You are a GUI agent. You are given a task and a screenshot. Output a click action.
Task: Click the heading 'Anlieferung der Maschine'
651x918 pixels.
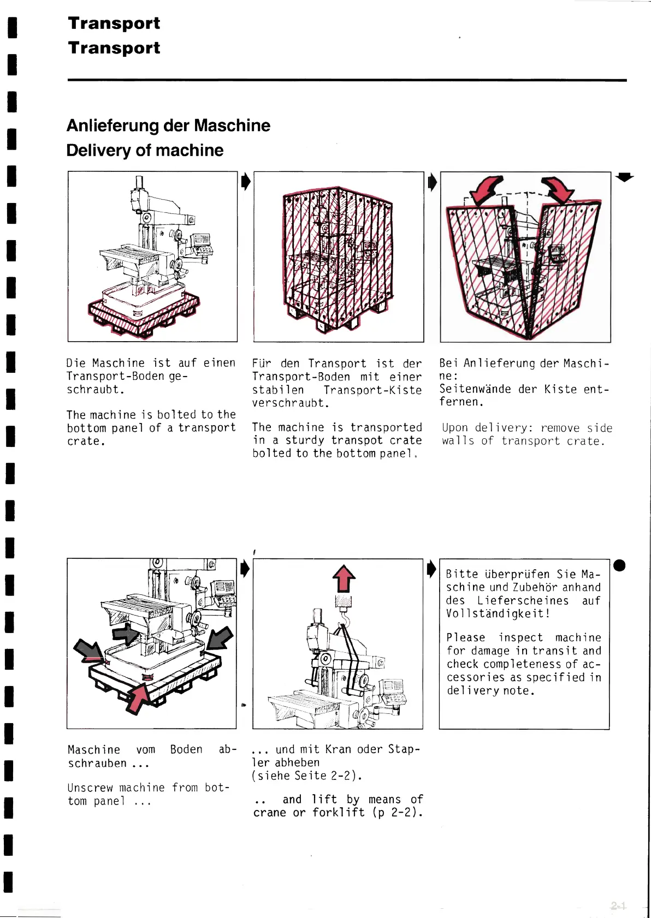(168, 126)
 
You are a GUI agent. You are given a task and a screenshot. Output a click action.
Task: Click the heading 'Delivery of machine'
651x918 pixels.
(145, 151)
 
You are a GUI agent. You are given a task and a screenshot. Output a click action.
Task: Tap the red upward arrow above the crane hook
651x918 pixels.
(344, 579)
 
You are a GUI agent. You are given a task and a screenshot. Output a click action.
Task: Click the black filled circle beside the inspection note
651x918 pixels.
(619, 565)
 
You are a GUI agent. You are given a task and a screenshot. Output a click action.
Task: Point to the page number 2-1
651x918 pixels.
(618, 906)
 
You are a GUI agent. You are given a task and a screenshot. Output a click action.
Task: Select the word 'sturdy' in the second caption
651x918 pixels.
(305, 440)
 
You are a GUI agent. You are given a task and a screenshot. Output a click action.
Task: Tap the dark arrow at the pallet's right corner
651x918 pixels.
(220, 638)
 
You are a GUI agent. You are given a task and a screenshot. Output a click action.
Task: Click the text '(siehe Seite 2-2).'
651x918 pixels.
(307, 776)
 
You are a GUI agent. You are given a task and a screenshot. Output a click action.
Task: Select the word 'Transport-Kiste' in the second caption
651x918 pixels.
(372, 390)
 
